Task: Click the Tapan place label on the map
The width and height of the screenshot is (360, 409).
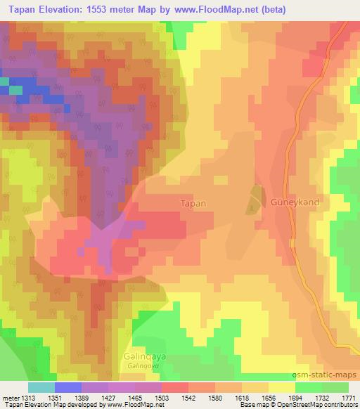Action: point(193,203)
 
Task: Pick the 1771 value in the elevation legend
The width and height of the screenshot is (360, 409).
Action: point(349,397)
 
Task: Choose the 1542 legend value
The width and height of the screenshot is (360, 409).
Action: point(189,397)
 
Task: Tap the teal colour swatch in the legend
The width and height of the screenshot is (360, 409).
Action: point(41,387)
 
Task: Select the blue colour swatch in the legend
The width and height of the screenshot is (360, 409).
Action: point(67,387)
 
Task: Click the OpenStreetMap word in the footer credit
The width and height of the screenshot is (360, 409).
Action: point(280,405)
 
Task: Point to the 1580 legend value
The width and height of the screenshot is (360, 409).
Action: point(216,397)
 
